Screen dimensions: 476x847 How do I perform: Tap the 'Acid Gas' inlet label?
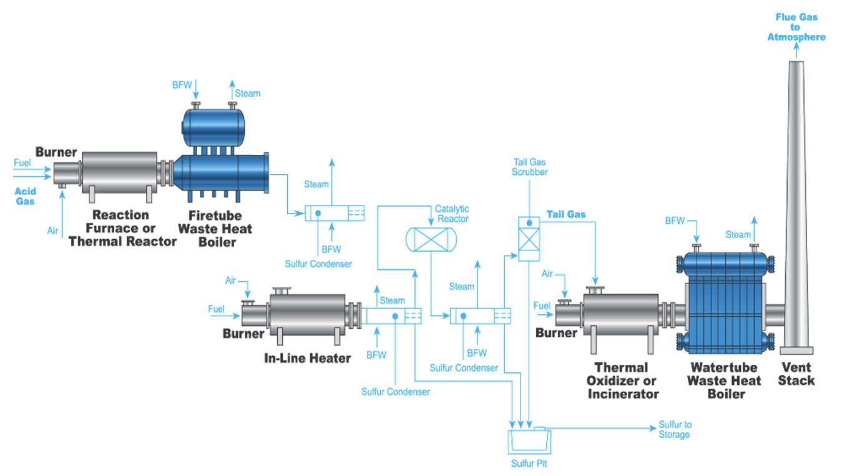pyautogui.click(x=26, y=196)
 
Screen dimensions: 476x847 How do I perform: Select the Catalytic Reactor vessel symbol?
pyautogui.click(x=431, y=239)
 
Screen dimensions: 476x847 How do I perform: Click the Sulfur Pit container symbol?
pyautogui.click(x=529, y=441)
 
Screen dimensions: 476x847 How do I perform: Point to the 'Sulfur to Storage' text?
pyautogui.click(x=674, y=430)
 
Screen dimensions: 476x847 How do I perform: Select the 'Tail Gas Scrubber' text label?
pyautogui.click(x=530, y=167)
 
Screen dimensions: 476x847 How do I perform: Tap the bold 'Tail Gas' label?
pyautogui.click(x=565, y=214)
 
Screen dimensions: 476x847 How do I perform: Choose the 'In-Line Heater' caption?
pyautogui.click(x=307, y=358)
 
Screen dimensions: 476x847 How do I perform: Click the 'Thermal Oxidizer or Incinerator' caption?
pyautogui.click(x=622, y=380)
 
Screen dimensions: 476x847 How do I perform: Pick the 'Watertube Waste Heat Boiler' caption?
pyautogui.click(x=723, y=380)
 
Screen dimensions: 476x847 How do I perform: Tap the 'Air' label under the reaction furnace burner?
pyautogui.click(x=53, y=231)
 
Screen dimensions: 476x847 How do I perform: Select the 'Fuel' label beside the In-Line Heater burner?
pyautogui.click(x=217, y=309)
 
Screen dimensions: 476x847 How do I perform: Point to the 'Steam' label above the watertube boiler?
pyautogui.click(x=738, y=235)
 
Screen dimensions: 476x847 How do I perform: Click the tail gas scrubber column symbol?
pyautogui.click(x=529, y=238)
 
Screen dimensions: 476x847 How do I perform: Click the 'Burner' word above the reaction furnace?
pyautogui.click(x=56, y=152)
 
